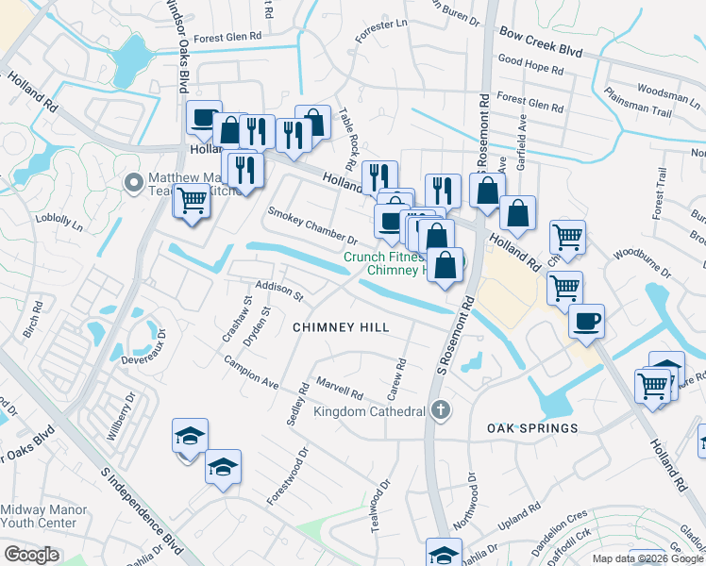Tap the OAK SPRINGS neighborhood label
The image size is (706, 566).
(532, 428)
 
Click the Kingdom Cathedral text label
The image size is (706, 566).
(369, 412)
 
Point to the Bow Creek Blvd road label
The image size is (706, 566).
(541, 45)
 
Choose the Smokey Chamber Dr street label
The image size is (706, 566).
(312, 225)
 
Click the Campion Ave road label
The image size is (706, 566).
(251, 373)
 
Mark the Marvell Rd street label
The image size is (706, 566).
(340, 387)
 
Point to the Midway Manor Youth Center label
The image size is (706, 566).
(44, 516)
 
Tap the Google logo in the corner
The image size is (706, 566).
(31, 554)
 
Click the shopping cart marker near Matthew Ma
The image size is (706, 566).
(192, 200)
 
